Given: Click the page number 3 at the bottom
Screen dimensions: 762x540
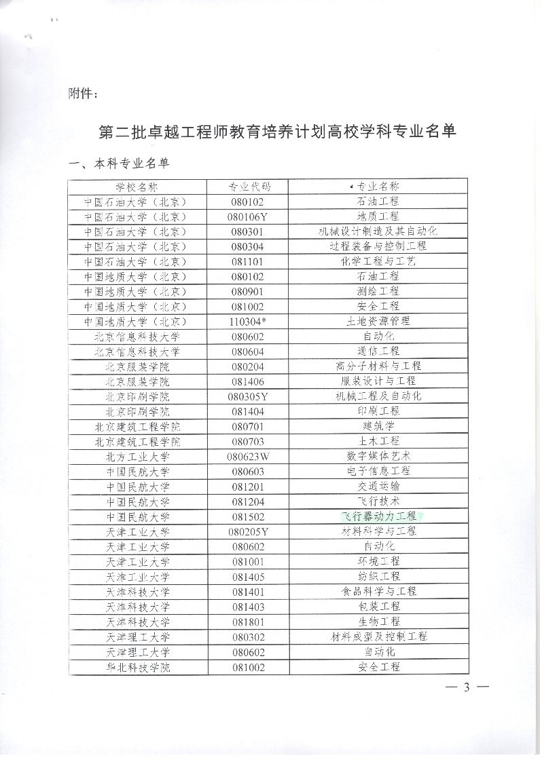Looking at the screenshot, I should (467, 687).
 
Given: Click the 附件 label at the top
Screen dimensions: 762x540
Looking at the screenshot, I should (84, 94).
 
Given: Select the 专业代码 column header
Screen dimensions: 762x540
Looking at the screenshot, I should (248, 187).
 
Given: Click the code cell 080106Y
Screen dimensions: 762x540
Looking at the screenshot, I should (248, 216).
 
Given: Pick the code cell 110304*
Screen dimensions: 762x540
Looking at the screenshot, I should (248, 321).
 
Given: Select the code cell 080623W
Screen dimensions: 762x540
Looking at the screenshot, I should (248, 456).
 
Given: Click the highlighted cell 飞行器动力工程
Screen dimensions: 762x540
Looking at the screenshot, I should (378, 516).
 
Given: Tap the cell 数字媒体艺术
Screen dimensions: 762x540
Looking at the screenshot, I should (378, 456).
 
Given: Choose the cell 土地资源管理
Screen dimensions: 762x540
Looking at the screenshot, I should (378, 321).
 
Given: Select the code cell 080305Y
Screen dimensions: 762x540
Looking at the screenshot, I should (248, 396).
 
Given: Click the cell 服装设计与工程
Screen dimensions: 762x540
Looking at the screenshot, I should (378, 381).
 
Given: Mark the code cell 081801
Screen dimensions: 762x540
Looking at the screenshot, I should (248, 622).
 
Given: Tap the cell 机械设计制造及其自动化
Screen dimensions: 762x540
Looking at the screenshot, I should (378, 231).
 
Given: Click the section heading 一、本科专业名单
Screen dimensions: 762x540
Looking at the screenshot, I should (118, 163).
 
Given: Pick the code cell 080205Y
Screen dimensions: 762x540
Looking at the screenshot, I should (248, 531).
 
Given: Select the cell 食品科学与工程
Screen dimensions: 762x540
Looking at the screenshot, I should (378, 592).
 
